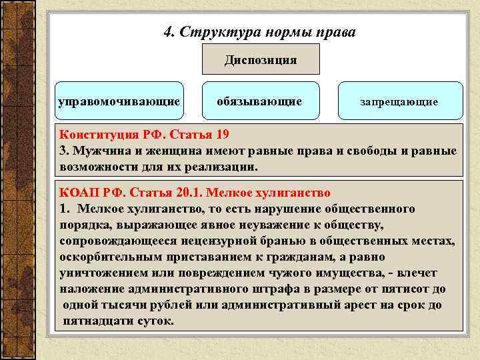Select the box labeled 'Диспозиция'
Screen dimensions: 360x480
pyautogui.click(x=261, y=60)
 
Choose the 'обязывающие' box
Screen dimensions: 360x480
pyautogui.click(x=259, y=101)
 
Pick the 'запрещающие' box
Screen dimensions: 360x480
pyautogui.click(x=399, y=102)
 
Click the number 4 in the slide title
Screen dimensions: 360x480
pyautogui.click(x=167, y=32)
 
